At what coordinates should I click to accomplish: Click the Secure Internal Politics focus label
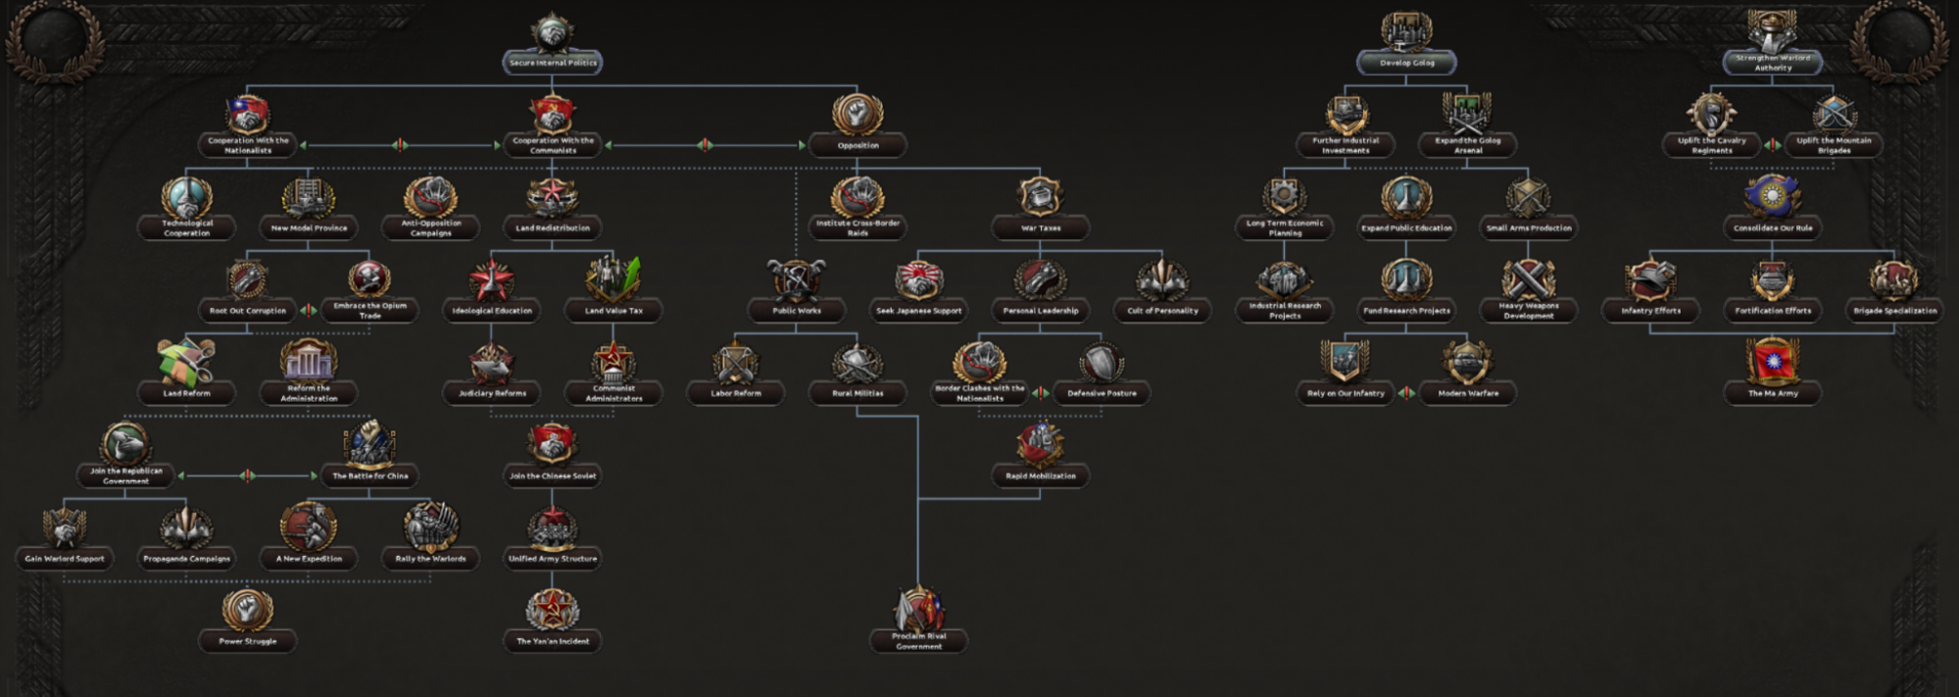coord(553,63)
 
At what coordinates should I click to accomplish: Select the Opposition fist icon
coord(857,113)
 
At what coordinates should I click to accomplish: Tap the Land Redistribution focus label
coord(553,228)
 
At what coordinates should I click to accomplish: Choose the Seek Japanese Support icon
coord(918,279)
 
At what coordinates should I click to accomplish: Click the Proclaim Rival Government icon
coord(918,610)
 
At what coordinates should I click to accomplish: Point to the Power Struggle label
coord(247,641)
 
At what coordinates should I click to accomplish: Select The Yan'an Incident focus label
coord(553,641)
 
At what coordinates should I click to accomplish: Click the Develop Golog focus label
coord(1406,63)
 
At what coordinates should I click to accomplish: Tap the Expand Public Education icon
coord(1406,196)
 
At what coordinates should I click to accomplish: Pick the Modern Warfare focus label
coord(1467,393)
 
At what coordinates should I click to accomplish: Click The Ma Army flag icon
coord(1772,361)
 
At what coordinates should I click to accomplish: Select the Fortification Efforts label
coord(1772,311)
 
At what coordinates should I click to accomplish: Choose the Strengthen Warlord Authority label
coord(1772,63)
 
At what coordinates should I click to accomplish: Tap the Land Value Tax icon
coord(613,279)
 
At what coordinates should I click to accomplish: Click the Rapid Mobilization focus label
coord(1040,476)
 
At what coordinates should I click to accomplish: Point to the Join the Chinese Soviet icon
coord(553,444)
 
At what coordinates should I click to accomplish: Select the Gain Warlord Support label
coord(65,559)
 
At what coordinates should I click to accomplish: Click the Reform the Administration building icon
coord(309,361)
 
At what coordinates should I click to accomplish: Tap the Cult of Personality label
coord(1162,311)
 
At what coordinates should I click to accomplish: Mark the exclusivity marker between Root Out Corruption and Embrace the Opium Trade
coord(308,311)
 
